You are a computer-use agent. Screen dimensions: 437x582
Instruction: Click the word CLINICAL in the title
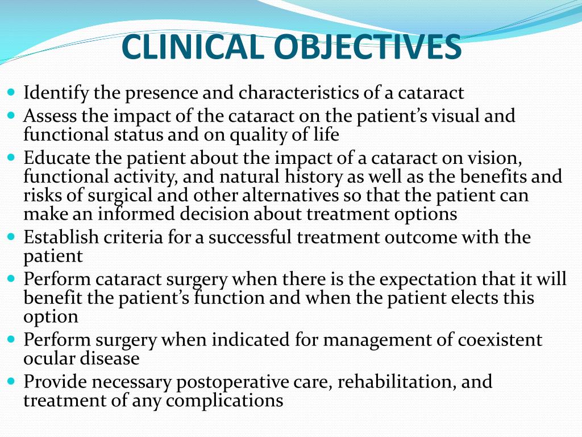click(193, 48)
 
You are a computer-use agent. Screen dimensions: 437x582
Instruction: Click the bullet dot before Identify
click(13, 92)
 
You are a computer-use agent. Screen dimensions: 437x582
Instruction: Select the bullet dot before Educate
click(13, 156)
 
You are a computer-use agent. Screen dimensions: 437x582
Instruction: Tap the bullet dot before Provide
click(13, 381)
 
